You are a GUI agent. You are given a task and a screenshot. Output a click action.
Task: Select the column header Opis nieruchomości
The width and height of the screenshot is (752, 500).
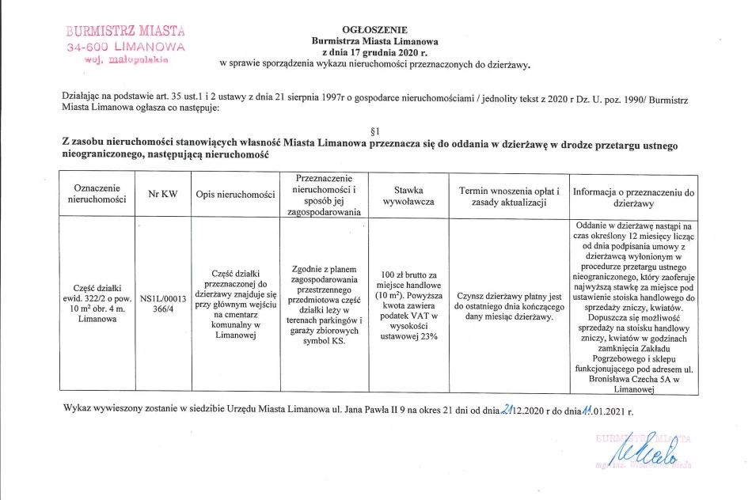pos(235,195)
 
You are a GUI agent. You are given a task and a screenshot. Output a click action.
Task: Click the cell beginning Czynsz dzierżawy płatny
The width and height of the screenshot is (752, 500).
pos(509,305)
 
